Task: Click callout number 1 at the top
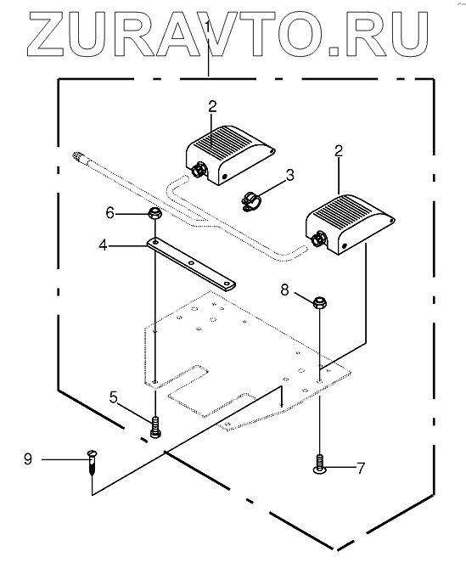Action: pos(208,27)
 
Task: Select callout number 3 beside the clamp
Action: pos(290,176)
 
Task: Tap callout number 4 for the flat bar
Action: pos(104,245)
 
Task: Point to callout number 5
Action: pos(114,397)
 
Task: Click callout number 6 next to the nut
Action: pos(110,212)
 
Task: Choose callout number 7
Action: pos(361,469)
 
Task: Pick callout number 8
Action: pos(285,290)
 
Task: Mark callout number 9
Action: pos(28,459)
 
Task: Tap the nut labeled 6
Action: pos(154,212)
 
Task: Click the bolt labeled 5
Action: pos(155,427)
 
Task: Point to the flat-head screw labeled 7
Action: pos(319,464)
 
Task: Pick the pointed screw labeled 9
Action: pos(93,462)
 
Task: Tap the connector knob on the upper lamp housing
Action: pos(199,170)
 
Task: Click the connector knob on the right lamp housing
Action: pos(318,239)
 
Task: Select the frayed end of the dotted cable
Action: pos(78,158)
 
